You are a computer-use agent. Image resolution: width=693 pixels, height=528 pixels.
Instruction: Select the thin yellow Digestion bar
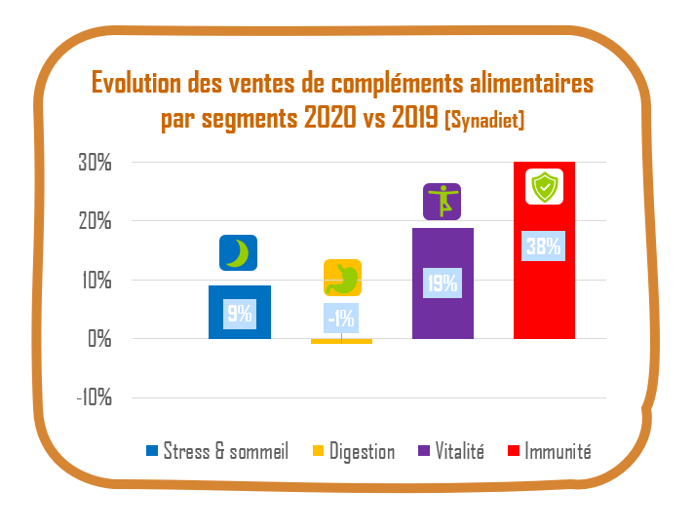pos(341,341)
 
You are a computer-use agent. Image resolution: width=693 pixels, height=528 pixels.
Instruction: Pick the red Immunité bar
pos(544,292)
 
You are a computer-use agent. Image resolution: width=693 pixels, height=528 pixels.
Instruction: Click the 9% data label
pos(240,314)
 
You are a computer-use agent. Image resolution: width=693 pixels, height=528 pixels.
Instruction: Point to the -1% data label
pos(341,318)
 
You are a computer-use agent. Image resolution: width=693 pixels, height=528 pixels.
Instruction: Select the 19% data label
pos(443,284)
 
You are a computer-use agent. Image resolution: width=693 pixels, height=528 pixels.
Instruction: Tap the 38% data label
pos(544,246)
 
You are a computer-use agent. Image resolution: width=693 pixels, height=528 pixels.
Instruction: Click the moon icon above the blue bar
pos(238,253)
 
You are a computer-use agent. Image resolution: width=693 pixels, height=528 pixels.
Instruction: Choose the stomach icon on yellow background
pos(342,278)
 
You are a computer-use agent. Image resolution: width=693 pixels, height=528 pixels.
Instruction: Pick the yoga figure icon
pos(442,202)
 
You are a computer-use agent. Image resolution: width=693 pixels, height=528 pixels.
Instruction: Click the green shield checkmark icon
pos(544,186)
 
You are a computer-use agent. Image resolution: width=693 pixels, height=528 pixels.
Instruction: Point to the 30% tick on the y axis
pos(95,163)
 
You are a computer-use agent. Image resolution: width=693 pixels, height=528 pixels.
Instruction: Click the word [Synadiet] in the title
pos(484,122)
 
